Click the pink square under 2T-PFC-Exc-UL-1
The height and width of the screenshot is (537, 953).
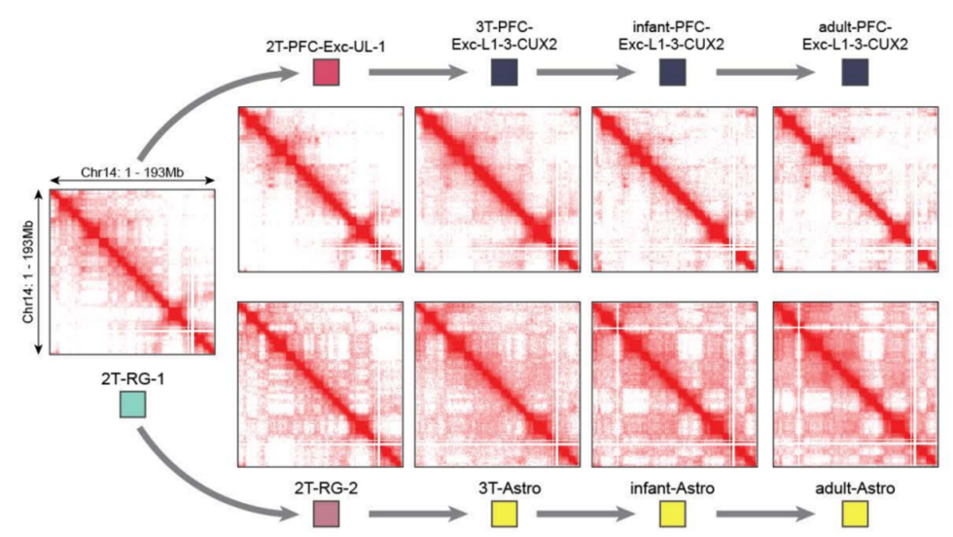325,73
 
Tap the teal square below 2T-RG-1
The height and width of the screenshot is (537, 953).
131,404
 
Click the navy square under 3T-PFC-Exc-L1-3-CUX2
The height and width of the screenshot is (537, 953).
505,73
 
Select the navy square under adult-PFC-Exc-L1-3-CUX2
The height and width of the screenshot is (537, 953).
855,73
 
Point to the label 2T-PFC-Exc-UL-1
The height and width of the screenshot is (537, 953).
325,46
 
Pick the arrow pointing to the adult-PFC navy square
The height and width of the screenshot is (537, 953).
767,73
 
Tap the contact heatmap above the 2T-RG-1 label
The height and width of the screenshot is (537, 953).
132,272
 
